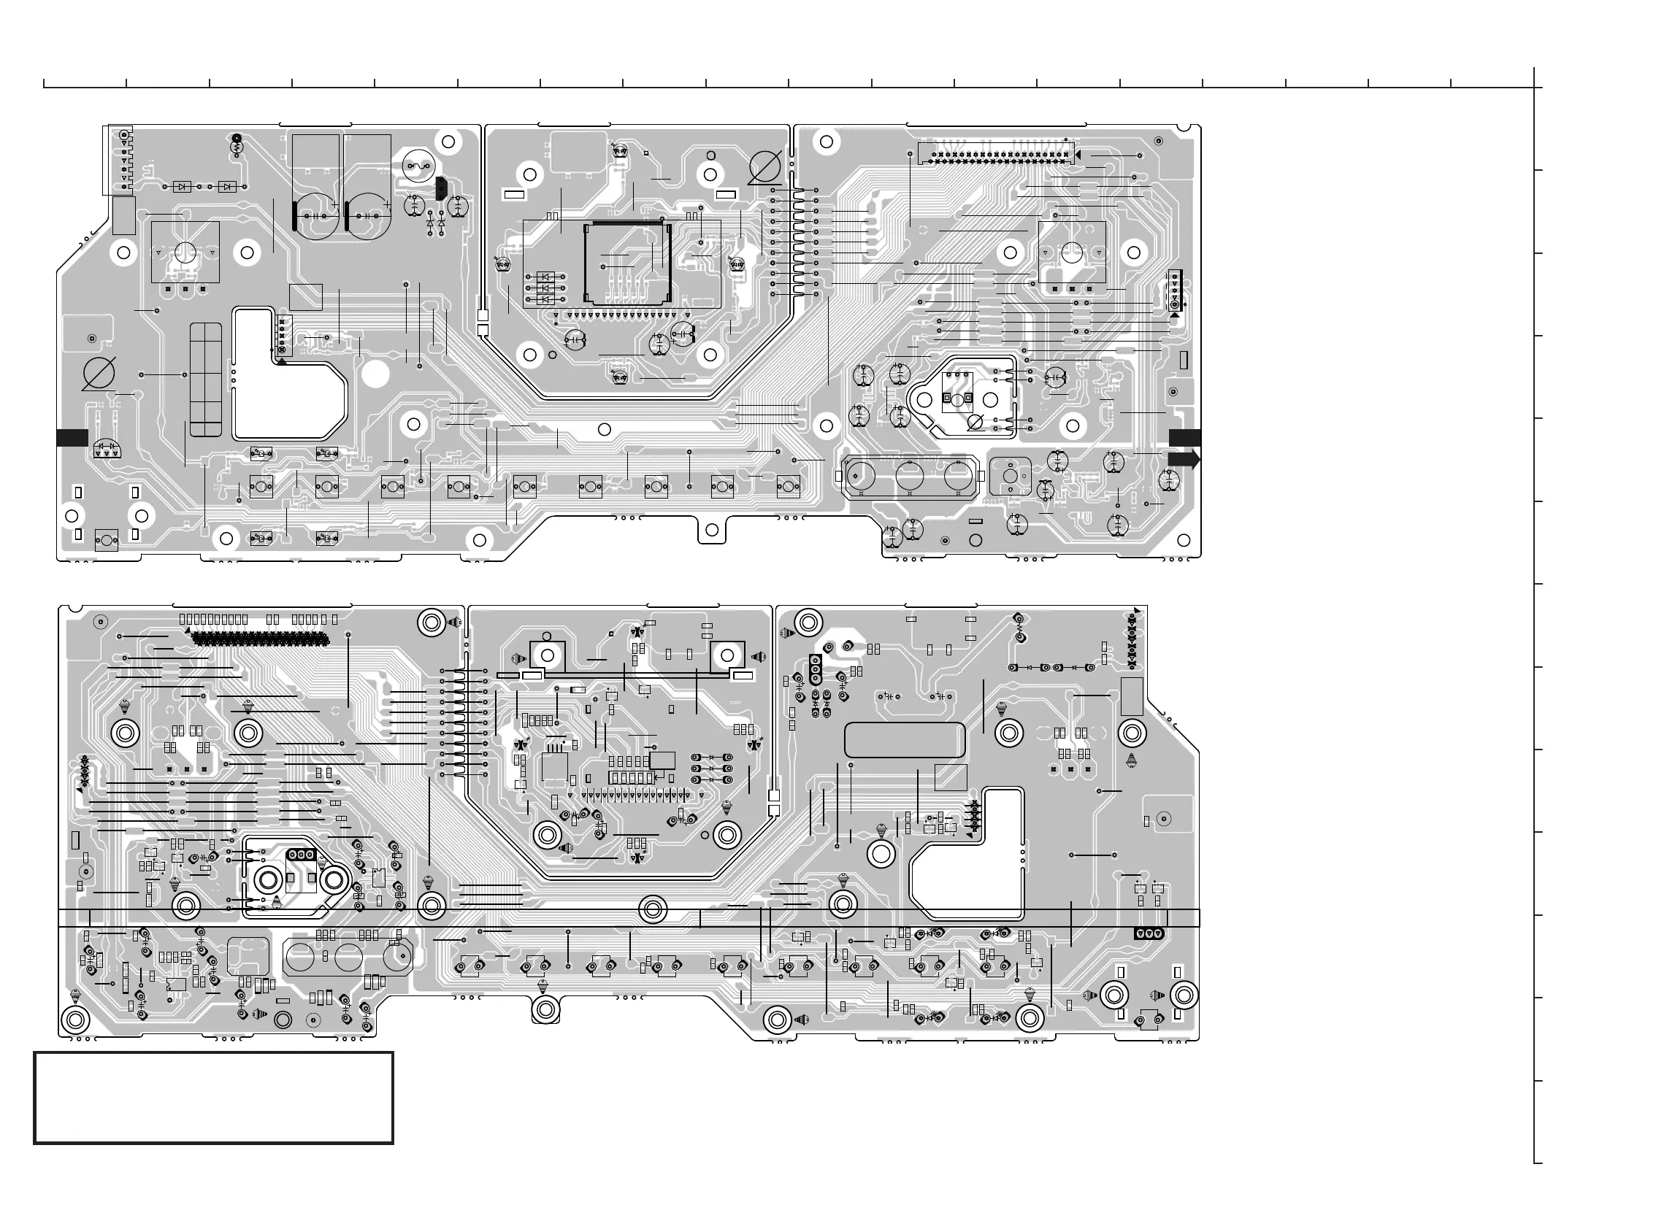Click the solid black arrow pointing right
point(1184,460)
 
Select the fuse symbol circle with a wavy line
point(418,167)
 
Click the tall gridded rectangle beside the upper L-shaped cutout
point(205,379)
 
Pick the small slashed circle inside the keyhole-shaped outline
point(975,423)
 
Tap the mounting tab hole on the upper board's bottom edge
point(711,530)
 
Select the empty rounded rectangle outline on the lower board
point(905,739)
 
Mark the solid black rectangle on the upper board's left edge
point(72,438)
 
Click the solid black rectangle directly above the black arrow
point(1184,438)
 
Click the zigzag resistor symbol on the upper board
point(237,147)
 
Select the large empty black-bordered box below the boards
point(214,1098)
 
